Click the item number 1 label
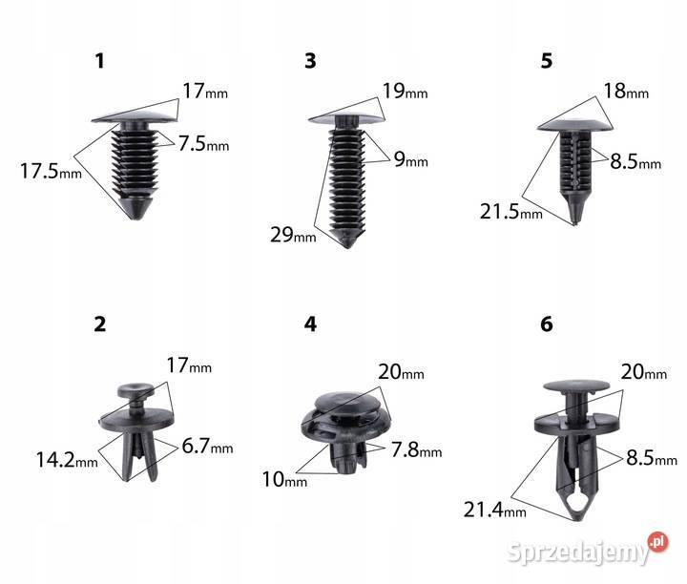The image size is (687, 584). point(100,61)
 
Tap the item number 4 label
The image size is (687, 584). point(310,324)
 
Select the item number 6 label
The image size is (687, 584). point(547,324)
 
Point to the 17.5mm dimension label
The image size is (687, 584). point(51,171)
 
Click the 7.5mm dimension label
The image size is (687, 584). point(204,143)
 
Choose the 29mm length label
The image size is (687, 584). point(293,235)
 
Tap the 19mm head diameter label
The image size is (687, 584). point(406,91)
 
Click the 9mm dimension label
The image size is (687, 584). point(411,159)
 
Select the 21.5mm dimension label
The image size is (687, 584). point(511,212)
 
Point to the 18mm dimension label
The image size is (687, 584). point(626,91)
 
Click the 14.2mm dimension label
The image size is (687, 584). point(67,460)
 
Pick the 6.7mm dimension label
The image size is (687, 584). point(207,446)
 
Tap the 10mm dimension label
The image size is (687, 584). point(284,479)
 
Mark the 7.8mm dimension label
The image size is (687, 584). point(417,450)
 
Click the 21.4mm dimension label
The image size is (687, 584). point(495,510)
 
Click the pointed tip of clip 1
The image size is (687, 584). point(137,218)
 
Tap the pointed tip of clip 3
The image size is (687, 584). point(348,246)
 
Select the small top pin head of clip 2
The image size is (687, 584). point(135,390)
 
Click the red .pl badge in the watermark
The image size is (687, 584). point(657,542)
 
